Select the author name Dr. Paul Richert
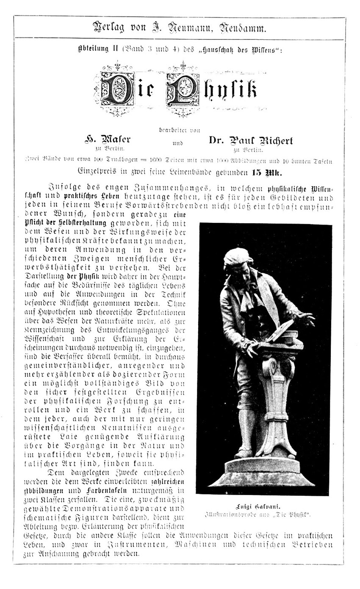point(250,140)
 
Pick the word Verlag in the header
point(108,29)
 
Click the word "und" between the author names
point(178,143)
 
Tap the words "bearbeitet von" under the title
point(180,130)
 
